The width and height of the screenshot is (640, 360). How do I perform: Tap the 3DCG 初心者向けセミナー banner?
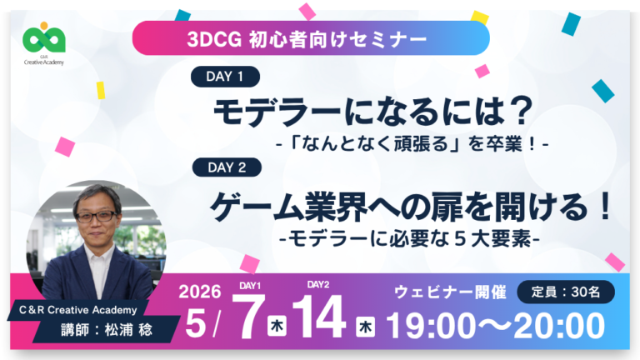click(x=310, y=37)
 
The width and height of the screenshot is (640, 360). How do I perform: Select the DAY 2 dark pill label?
click(x=226, y=167)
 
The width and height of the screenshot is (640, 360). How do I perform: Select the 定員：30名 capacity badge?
click(x=566, y=292)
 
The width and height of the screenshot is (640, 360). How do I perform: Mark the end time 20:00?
click(x=557, y=326)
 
